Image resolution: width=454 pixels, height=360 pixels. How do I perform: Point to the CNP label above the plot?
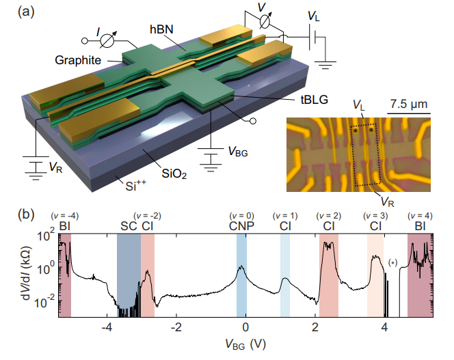tap(241, 226)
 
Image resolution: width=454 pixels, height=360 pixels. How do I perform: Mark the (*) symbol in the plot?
tap(392, 262)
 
